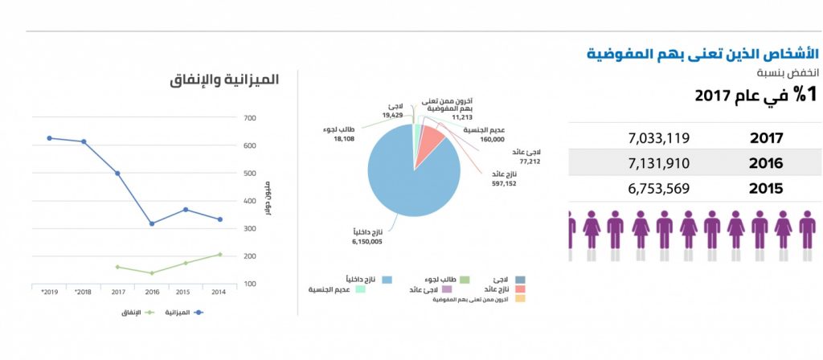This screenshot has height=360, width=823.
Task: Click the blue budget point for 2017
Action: pyautogui.click(x=117, y=174)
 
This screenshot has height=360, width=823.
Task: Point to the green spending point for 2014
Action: pyautogui.click(x=219, y=255)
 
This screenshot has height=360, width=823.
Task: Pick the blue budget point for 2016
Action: pyautogui.click(x=152, y=223)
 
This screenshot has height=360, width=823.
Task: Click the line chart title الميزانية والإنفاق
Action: pyautogui.click(x=224, y=80)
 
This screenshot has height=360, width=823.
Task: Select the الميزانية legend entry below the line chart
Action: pyautogui.click(x=182, y=311)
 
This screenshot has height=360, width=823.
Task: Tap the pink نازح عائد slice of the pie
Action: pyautogui.click(x=432, y=141)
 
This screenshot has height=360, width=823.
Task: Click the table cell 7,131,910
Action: pyautogui.click(x=659, y=163)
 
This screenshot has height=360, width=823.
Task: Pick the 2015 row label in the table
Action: pyautogui.click(x=766, y=189)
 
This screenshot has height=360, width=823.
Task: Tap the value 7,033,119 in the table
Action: pyautogui.click(x=659, y=138)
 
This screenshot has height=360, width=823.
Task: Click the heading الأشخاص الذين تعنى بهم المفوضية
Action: pyautogui.click(x=701, y=55)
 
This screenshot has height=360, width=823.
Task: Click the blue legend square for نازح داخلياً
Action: pyautogui.click(x=386, y=279)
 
